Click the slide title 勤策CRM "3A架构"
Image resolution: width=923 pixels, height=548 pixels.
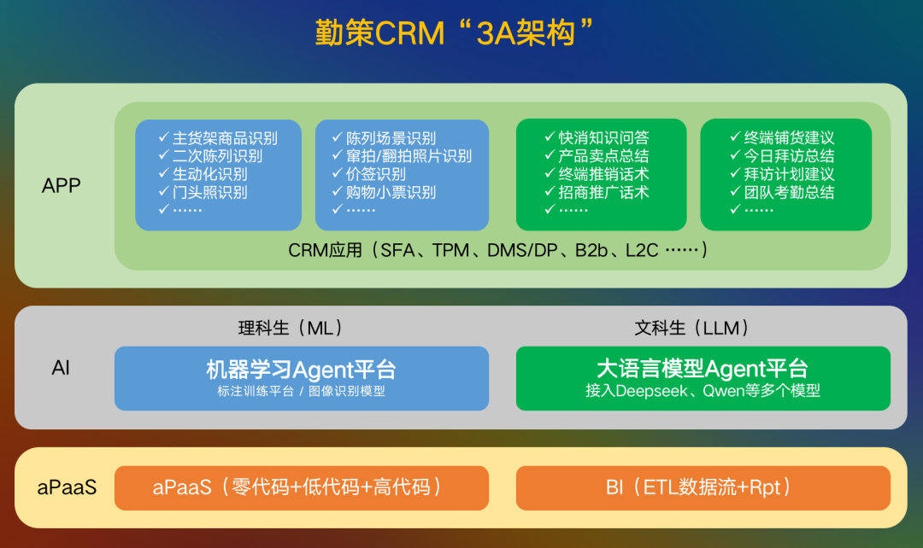click(453, 34)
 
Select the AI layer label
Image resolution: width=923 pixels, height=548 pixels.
click(61, 369)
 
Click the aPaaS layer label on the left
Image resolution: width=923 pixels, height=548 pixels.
click(67, 488)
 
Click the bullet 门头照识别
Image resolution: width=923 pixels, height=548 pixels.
click(209, 192)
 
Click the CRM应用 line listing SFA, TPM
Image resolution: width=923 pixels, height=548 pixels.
click(498, 251)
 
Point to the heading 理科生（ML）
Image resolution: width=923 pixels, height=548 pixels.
click(291, 328)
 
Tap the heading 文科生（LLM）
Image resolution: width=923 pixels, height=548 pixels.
click(692, 328)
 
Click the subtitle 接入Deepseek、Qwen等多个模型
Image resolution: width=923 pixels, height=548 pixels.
click(703, 391)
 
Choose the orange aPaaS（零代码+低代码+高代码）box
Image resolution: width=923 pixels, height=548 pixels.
click(302, 488)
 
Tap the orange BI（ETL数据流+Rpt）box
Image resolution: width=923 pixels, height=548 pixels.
click(703, 488)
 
